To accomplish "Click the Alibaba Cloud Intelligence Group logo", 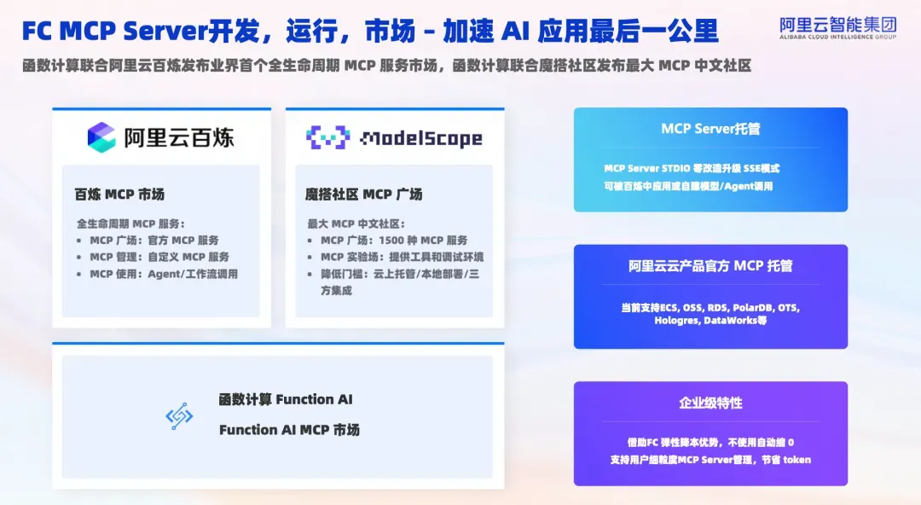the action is point(837,27).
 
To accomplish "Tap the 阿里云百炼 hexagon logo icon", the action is point(101,137).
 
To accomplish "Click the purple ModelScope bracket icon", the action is point(327,137).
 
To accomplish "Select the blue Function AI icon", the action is point(179,416).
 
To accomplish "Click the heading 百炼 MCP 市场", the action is point(120,194).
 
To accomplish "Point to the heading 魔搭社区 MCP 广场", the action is point(363,194).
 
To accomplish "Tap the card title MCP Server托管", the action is point(710,129).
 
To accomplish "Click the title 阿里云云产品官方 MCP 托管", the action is point(710,266).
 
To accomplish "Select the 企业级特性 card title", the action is point(710,403).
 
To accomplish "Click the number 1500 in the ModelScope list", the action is point(391,241).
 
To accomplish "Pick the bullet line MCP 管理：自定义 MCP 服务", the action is point(159,257).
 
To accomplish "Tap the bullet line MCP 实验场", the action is point(403,257).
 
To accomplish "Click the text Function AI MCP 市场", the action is point(289,430).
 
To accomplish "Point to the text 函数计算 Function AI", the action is point(286,399).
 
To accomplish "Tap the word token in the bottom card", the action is point(796,460).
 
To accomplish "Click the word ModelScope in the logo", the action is point(421,138).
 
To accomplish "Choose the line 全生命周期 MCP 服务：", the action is point(130,224).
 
